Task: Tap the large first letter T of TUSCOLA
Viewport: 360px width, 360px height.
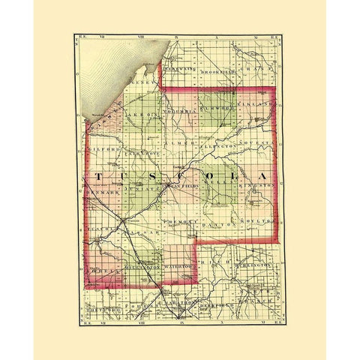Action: coord(100,175)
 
